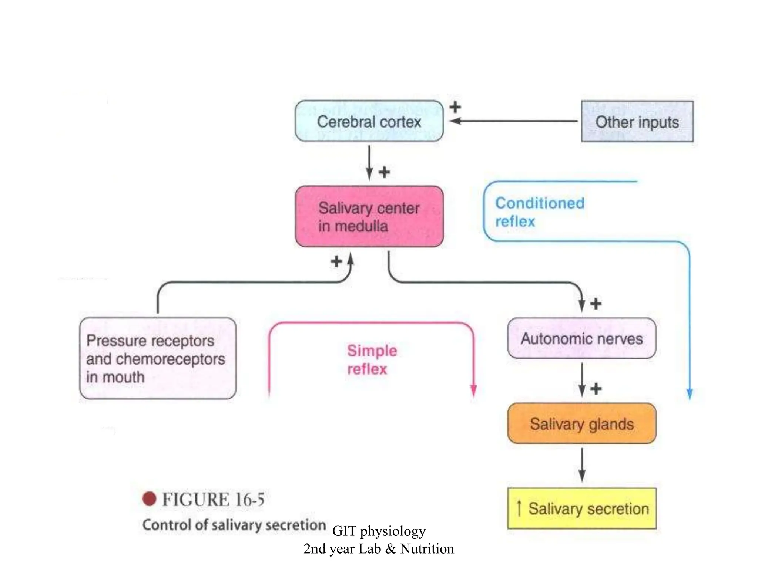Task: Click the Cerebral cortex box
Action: pos(369,121)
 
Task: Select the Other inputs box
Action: pos(637,122)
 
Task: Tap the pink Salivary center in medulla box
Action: pos(369,217)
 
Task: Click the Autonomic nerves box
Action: pos(581,338)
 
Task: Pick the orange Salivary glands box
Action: pos(581,424)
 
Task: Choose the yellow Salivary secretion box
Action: pos(581,508)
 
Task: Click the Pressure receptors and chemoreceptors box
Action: pos(158,358)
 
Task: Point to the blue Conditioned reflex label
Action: pos(539,212)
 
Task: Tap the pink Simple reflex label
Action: pos(372,359)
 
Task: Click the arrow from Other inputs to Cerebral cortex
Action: pos(514,121)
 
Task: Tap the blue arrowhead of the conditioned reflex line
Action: pos(690,393)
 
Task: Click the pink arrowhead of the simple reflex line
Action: pos(473,390)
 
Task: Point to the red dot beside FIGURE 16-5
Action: pos(149,499)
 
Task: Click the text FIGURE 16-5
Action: pos(213,499)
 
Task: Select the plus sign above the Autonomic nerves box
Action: pos(596,304)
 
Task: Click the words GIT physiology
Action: pos(379,531)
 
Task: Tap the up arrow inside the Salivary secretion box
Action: pos(519,508)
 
